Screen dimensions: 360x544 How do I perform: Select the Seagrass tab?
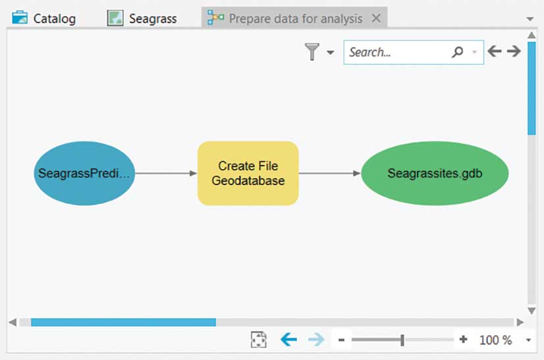[152, 18]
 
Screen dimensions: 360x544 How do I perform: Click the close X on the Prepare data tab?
[376, 18]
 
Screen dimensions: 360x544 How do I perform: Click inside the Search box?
[395, 52]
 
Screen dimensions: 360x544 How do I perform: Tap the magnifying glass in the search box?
[457, 52]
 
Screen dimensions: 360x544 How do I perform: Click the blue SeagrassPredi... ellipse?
[84, 174]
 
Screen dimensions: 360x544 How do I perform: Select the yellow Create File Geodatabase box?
[248, 174]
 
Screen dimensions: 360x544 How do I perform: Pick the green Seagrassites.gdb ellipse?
[435, 174]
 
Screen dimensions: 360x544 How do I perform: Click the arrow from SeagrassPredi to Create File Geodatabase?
[166, 174]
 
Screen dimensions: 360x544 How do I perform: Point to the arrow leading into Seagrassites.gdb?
[329, 174]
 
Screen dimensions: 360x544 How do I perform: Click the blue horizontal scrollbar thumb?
[123, 322]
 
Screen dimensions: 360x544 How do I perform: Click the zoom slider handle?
[402, 340]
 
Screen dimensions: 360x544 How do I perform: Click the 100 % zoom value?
[495, 340]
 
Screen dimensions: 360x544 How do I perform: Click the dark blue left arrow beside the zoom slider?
[288, 340]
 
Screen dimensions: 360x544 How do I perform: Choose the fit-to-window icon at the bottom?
[259, 340]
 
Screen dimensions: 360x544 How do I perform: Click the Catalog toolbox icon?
[20, 18]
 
